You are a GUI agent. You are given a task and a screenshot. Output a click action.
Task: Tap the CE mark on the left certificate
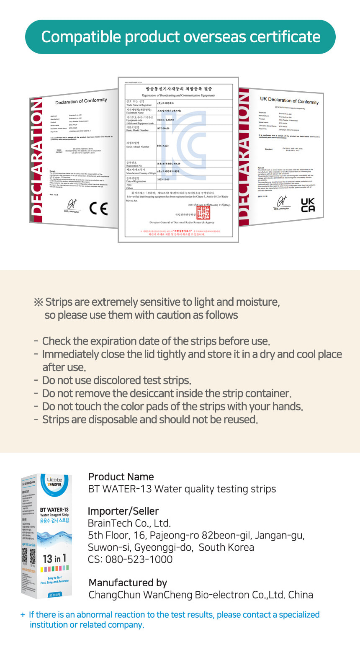[98, 208]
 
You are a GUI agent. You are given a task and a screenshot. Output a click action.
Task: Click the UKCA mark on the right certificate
[308, 205]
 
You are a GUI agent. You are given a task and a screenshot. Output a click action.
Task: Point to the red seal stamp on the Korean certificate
[203, 212]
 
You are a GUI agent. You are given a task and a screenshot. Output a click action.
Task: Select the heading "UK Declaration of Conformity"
[289, 101]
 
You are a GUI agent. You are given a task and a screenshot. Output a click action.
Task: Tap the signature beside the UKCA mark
[282, 202]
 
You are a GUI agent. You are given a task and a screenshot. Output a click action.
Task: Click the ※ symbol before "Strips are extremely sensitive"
[39, 302]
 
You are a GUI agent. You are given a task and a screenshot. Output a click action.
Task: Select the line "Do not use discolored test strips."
[116, 380]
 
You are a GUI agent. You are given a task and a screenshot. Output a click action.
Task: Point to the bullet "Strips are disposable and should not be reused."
[150, 419]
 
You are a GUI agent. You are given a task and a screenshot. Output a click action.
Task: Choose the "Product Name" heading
[121, 477]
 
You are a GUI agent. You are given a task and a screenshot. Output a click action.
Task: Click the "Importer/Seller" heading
[123, 511]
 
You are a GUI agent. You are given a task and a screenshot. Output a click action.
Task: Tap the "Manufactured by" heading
[128, 583]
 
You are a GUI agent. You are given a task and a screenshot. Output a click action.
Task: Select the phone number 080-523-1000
[139, 559]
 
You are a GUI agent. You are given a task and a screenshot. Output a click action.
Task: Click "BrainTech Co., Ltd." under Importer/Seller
[129, 523]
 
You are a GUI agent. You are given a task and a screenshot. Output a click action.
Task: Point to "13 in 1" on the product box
[54, 559]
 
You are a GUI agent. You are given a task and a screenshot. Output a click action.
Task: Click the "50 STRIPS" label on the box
[55, 595]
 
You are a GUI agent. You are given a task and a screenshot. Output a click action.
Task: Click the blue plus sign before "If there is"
[23, 615]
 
